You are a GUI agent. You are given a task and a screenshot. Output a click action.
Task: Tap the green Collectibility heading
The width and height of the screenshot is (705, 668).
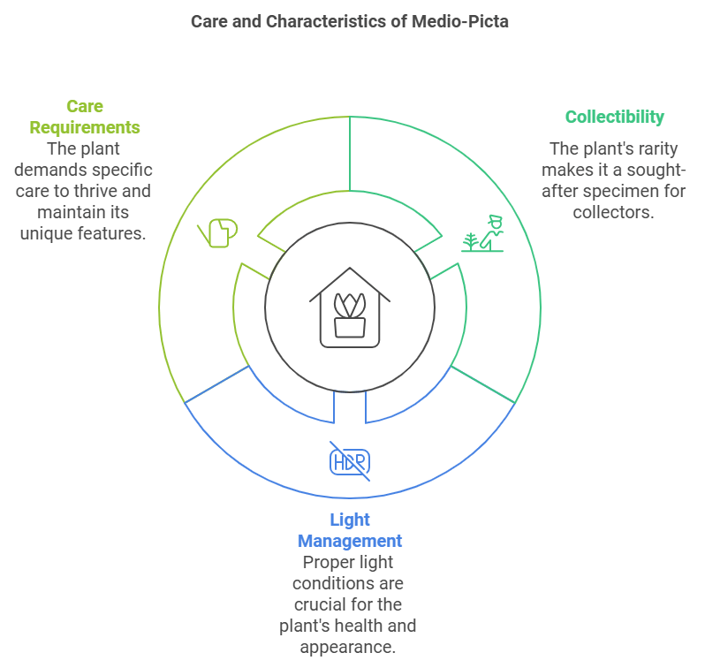614,117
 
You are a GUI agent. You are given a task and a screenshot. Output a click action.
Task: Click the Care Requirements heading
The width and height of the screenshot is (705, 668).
85,117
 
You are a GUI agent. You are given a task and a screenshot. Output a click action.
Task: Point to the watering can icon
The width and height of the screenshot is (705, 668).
218,233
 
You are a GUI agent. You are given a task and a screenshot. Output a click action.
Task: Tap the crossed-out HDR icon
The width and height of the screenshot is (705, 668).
350,461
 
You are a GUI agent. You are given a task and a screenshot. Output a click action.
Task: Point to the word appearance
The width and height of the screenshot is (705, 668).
350,647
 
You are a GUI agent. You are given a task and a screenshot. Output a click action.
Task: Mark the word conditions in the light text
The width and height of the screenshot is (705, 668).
330,583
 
